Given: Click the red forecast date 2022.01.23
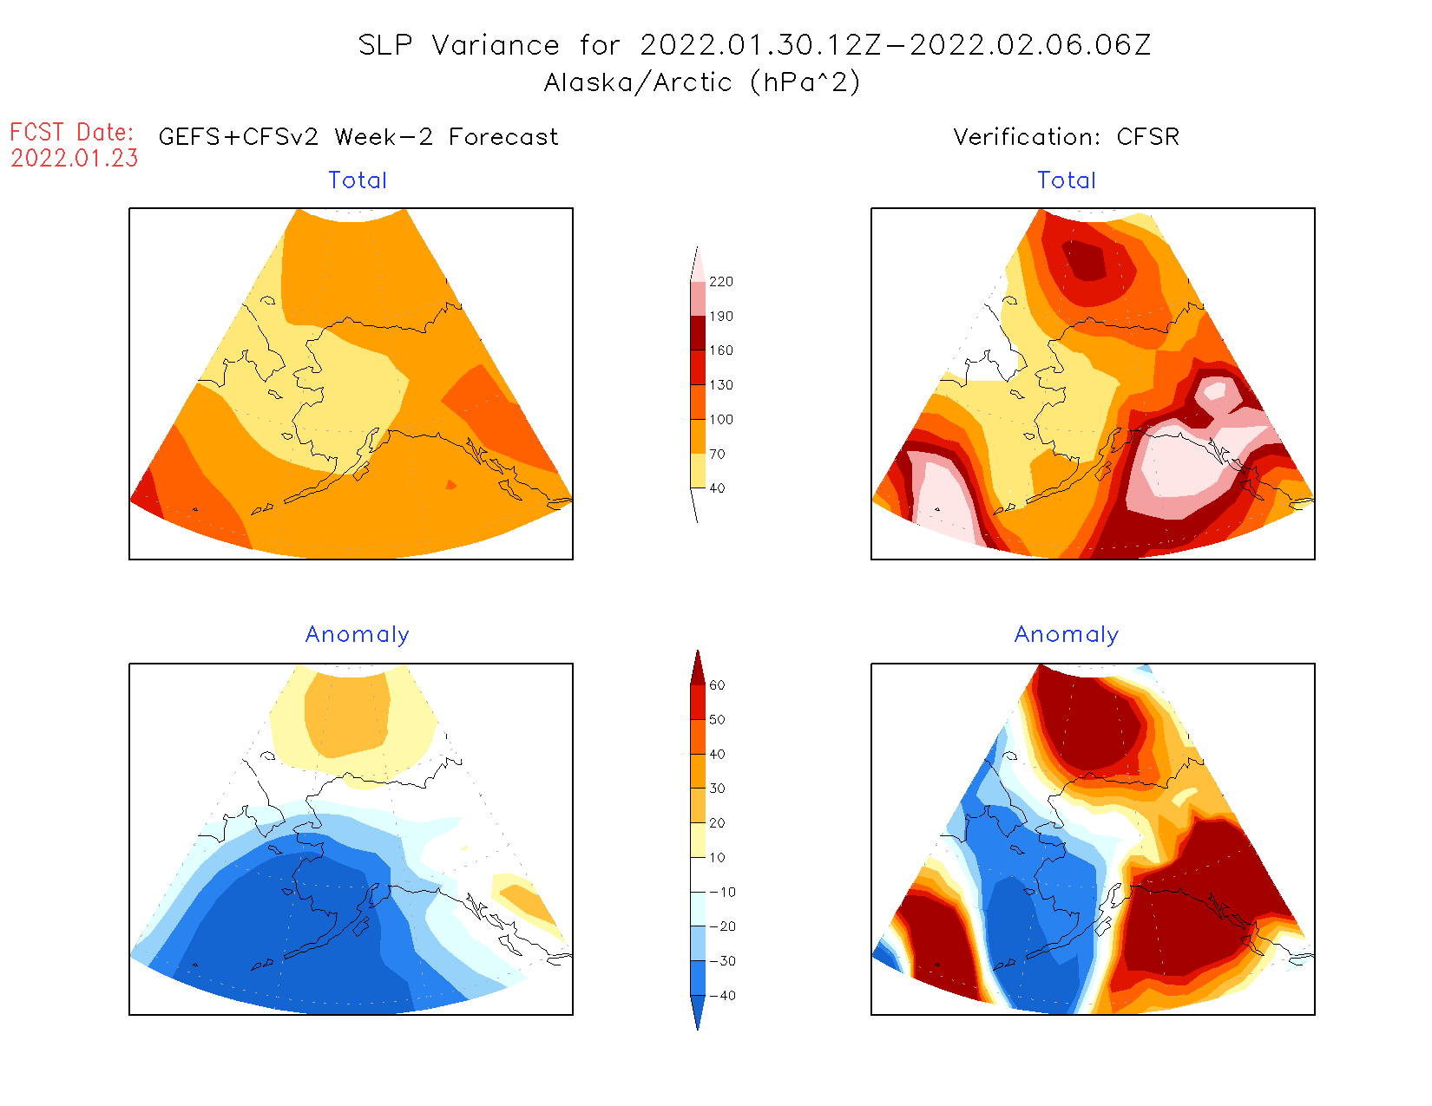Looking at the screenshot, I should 75,158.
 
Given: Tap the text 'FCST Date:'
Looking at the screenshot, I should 72,132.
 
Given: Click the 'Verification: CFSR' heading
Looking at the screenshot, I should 1066,137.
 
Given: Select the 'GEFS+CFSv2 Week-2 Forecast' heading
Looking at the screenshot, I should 358,137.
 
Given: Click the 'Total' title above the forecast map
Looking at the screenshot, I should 358,180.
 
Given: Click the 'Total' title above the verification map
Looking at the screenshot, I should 1067,180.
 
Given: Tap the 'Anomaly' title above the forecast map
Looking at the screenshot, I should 357,635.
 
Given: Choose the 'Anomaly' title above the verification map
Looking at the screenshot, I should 1067,635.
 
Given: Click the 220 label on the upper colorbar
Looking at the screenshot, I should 720,282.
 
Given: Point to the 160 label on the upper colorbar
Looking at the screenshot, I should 720,350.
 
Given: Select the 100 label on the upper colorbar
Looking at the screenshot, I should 720,420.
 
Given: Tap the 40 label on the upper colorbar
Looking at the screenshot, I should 717,488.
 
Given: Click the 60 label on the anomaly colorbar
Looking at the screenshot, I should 717,685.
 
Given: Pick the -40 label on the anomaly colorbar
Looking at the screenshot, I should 722,996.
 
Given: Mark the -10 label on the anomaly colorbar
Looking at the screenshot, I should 722,892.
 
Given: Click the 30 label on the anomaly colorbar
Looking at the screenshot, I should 717,789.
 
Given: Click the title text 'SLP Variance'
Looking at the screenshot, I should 459,45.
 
